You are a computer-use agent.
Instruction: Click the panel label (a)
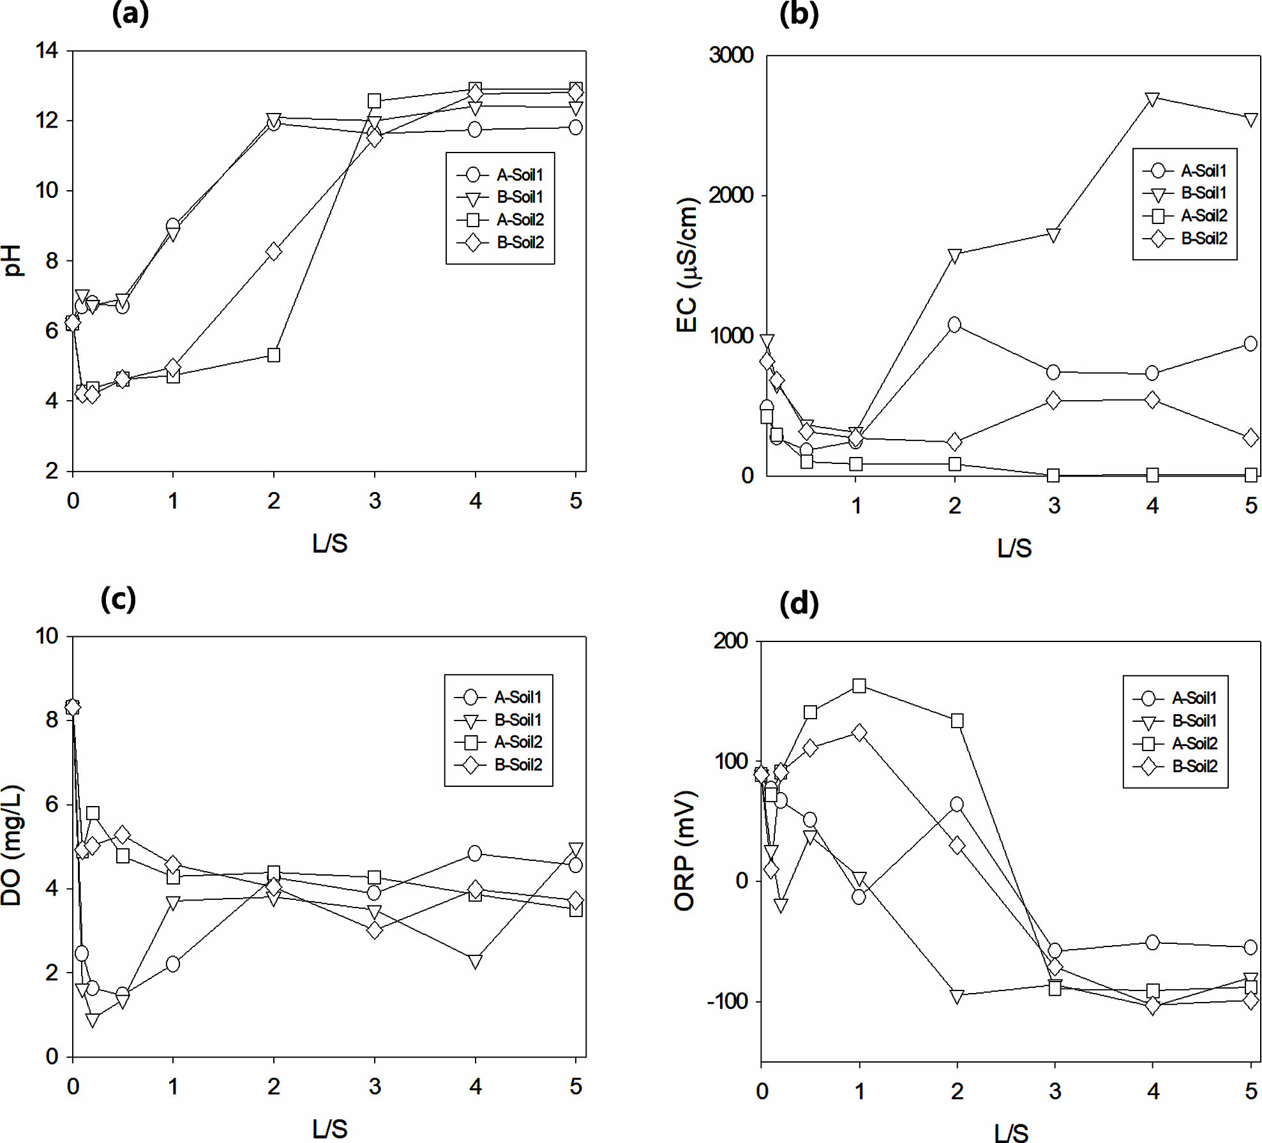pyautogui.click(x=130, y=13)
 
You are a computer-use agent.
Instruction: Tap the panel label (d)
pyautogui.click(x=799, y=602)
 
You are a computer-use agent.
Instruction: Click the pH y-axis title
pyautogui.click(x=13, y=260)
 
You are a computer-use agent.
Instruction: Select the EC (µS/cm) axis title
pyautogui.click(x=687, y=265)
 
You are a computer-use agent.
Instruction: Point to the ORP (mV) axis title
pyautogui.click(x=685, y=851)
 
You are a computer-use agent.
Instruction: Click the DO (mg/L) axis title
pyautogui.click(x=12, y=846)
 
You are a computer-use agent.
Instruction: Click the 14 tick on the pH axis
pyautogui.click(x=47, y=50)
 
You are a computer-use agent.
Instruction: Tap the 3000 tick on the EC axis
pyautogui.click(x=731, y=55)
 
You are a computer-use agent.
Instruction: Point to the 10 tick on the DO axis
pyautogui.click(x=47, y=636)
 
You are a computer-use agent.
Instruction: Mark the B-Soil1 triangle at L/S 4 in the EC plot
pyautogui.click(x=1152, y=100)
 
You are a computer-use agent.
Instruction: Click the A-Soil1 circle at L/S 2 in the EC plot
pyautogui.click(x=954, y=325)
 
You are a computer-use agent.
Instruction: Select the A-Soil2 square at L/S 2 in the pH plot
pyautogui.click(x=274, y=355)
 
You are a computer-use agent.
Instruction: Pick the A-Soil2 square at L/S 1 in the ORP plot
pyautogui.click(x=859, y=686)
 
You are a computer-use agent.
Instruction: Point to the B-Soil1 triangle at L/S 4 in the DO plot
pyautogui.click(x=475, y=961)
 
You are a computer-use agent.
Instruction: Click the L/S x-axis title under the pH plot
pyautogui.click(x=329, y=543)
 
